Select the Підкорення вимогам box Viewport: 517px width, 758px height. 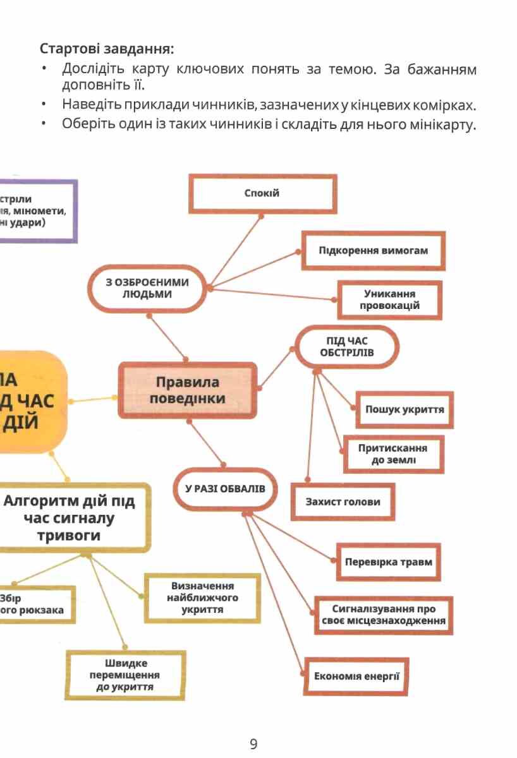(373, 250)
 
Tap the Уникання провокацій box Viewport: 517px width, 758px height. (389, 300)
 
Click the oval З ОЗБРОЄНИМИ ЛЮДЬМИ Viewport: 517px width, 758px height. (147, 289)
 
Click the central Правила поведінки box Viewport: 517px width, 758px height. (188, 390)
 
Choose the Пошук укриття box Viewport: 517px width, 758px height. (404, 409)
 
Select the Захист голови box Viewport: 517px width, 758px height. (343, 502)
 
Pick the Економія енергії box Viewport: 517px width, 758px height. (357, 677)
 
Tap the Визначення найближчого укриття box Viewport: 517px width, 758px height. (202, 598)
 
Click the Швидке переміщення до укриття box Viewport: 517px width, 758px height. (125, 675)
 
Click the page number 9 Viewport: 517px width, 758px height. (253, 744)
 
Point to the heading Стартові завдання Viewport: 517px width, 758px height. (107, 49)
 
